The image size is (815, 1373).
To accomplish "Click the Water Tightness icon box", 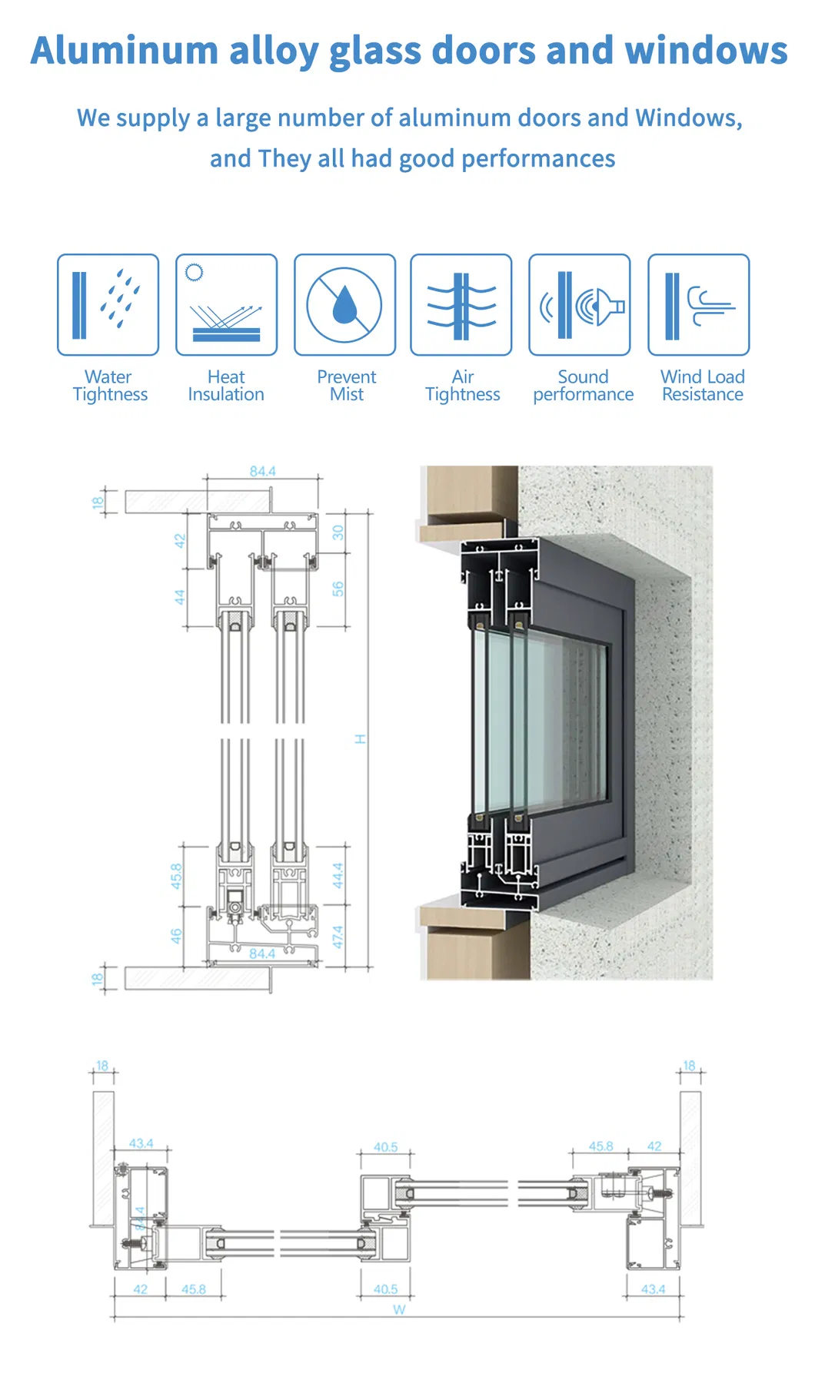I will coord(108,305).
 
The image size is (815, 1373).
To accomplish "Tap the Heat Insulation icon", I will coord(226,305).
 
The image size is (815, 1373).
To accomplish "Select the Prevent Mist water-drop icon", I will coord(344,305).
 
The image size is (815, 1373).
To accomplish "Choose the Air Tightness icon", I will coord(461,305).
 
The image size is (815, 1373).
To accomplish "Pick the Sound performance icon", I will coord(580,305).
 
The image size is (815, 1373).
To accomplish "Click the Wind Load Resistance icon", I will coord(698,305).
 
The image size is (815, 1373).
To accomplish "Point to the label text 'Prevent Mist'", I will coord(347,386).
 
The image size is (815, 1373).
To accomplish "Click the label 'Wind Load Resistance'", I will coord(702,386).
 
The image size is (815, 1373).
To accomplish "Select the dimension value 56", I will coord(338,589).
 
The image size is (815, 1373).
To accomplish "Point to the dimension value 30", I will coord(338,532).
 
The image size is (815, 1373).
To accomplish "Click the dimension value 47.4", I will coord(338,937).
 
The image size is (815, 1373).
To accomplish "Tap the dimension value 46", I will coord(176,936).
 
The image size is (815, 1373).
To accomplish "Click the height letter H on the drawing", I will coord(360,739).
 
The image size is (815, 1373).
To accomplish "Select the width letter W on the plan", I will coord(399,1310).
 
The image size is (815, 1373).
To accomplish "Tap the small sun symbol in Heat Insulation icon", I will coord(195,272).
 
